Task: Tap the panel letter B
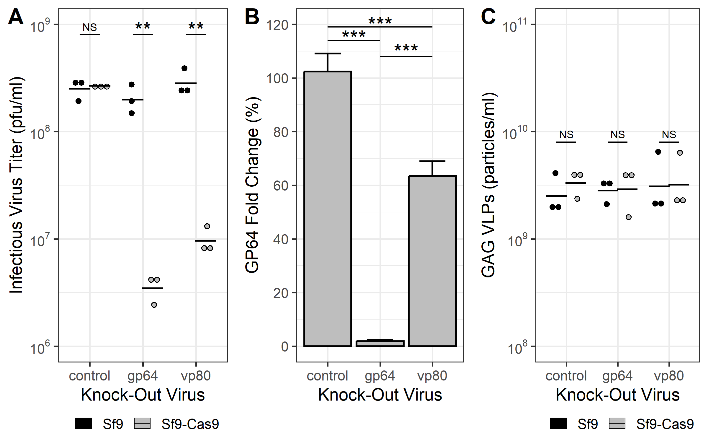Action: pyautogui.click(x=252, y=17)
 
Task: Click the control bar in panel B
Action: pyautogui.click(x=328, y=209)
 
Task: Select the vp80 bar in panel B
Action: pyautogui.click(x=432, y=261)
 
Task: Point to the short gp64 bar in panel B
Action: pyautogui.click(x=380, y=344)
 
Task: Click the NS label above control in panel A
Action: pyautogui.click(x=90, y=28)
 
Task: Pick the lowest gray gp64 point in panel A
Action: pyautogui.click(x=154, y=305)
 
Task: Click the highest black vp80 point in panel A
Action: pyautogui.click(x=184, y=68)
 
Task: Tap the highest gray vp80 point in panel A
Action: pyautogui.click(x=207, y=226)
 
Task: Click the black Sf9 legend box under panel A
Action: pyautogui.click(x=83, y=423)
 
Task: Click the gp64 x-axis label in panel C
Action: pyautogui.click(x=617, y=376)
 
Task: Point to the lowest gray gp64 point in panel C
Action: pyautogui.click(x=628, y=217)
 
